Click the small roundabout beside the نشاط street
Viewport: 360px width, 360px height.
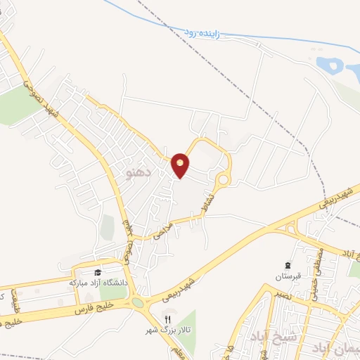(223, 180)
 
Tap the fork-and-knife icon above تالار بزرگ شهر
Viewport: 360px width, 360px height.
(167, 319)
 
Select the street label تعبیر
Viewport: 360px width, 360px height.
(271, 292)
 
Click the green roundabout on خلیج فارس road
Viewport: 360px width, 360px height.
(137, 304)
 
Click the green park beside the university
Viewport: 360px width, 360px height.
(112, 289)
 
